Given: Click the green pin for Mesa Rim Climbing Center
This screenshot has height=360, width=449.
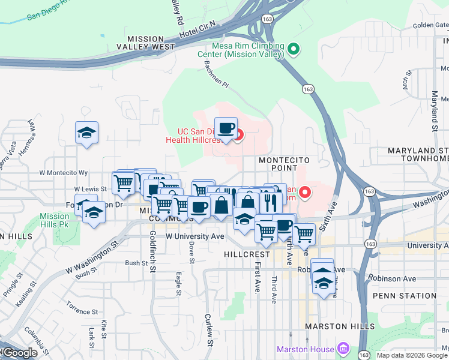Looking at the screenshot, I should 294,49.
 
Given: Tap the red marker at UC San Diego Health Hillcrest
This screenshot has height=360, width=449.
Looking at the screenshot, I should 238,135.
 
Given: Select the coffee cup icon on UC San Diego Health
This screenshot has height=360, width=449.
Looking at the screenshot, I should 226,128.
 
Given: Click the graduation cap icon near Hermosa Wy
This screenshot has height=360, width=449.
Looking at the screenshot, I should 87,133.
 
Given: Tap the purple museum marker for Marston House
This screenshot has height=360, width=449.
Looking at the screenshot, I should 343,349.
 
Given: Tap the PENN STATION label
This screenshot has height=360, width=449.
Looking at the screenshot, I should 404,296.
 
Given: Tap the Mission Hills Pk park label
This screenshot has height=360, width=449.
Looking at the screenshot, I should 55,221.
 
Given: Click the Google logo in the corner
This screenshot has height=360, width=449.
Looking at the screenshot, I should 19,353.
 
